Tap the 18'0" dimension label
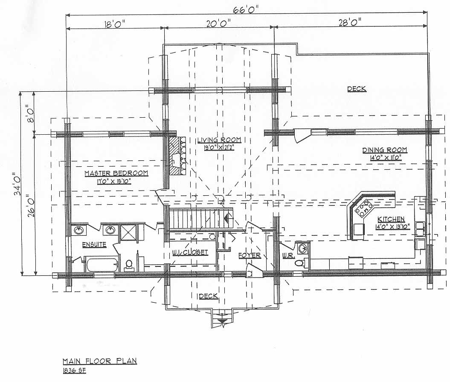point(115,24)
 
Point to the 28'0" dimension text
point(350,22)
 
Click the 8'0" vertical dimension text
point(30,114)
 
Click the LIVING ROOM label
point(219,140)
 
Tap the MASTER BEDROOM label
point(116,173)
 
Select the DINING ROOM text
point(384,150)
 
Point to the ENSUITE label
point(94,245)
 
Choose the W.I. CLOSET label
point(190,252)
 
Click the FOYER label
point(250,255)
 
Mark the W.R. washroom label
point(288,255)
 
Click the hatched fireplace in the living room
point(177,155)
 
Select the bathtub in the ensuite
point(102,265)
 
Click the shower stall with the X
point(128,232)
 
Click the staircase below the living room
point(201,219)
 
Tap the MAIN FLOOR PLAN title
point(99,361)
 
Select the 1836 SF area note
point(74,370)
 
